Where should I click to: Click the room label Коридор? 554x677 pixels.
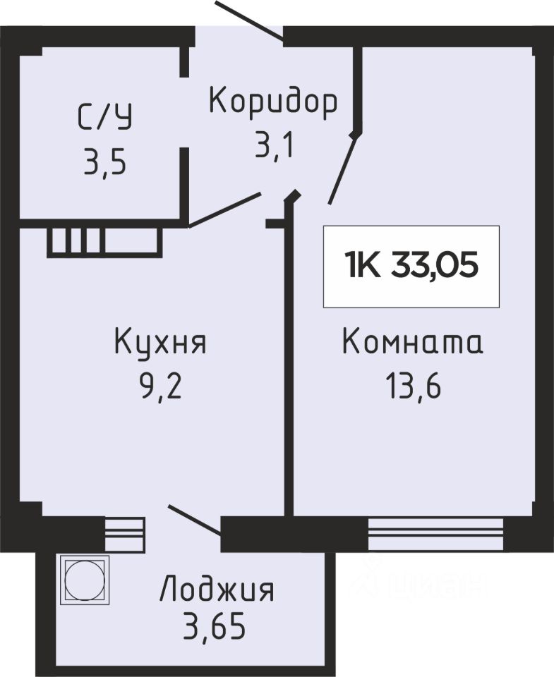(x=273, y=102)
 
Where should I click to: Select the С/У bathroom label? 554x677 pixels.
(x=105, y=117)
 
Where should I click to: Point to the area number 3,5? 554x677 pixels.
(x=105, y=161)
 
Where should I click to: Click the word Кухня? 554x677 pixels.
(x=160, y=341)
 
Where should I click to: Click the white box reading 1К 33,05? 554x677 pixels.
(x=411, y=267)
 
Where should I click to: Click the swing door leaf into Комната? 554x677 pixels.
(x=342, y=169)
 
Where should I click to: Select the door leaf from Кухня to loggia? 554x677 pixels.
(x=195, y=520)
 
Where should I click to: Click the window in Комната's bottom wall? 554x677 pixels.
(x=435, y=534)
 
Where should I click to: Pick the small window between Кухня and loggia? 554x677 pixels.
(x=125, y=534)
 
